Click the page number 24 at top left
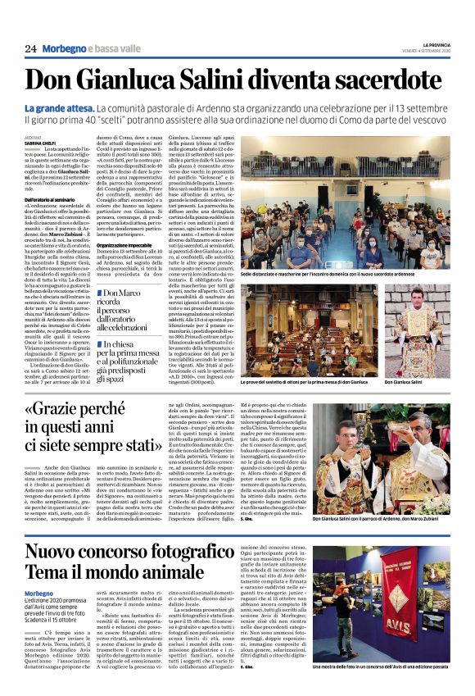click(x=30, y=49)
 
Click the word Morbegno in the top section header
click(x=64, y=49)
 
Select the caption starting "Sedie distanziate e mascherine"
click(x=344, y=279)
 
